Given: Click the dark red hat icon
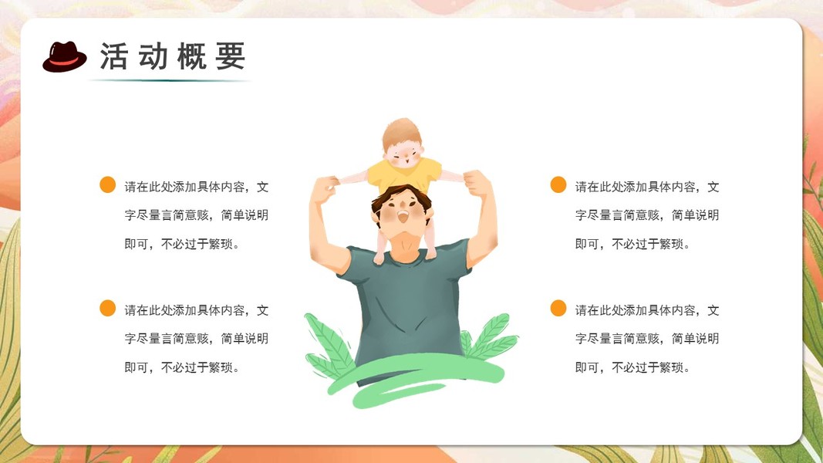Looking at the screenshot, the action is coord(65,56).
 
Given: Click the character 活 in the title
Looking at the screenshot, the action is coord(114,56).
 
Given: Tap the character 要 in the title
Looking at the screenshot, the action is coord(230,56).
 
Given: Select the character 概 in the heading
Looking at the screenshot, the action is coord(191,56).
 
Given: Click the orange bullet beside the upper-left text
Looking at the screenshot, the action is coord(107,184).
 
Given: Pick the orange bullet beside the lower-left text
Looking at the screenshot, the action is coord(107,308).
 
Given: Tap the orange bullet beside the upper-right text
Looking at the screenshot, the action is coord(558,184).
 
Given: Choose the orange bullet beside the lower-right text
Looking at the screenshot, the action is coord(558,308).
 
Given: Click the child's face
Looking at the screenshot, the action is coord(403,154).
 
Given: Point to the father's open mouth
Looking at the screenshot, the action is coord(403,215).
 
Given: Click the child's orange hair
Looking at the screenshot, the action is coord(401,133).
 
